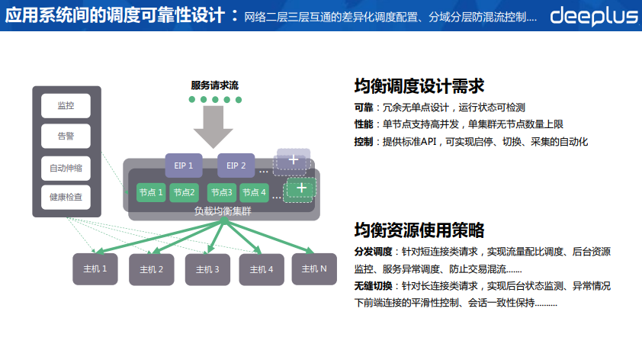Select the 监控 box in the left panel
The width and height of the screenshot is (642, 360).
(x=66, y=105)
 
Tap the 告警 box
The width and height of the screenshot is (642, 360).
(x=66, y=137)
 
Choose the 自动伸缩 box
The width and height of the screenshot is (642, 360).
(x=66, y=168)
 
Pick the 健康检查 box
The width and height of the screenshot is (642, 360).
(x=66, y=198)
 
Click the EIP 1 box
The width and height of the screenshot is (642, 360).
(x=184, y=165)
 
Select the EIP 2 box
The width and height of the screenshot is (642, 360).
(x=236, y=165)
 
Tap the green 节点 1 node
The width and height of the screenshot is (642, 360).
(x=151, y=192)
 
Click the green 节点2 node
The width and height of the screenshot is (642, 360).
(x=184, y=192)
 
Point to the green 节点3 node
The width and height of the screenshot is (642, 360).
(x=222, y=192)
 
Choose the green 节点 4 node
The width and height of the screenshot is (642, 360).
(x=254, y=192)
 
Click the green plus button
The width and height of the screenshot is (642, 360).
(x=301, y=188)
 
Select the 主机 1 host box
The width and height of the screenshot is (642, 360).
(x=95, y=268)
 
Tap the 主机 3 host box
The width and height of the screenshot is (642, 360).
(x=207, y=269)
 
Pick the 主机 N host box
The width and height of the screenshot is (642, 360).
(x=314, y=268)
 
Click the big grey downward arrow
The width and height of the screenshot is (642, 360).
(x=214, y=127)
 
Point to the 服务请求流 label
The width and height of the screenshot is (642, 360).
(x=214, y=85)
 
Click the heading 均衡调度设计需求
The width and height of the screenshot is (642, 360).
(x=419, y=86)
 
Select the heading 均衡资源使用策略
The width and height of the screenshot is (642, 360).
(x=419, y=230)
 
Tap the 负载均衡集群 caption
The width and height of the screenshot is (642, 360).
(x=223, y=211)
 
